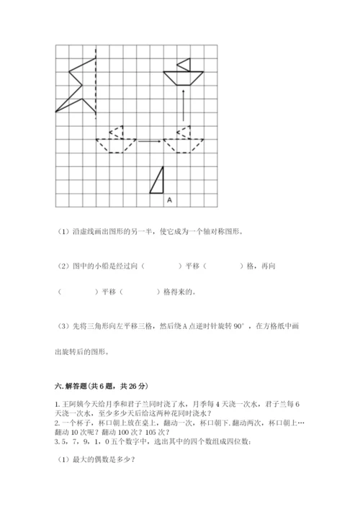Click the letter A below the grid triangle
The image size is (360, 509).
coord(168,199)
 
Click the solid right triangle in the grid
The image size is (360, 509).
coord(158,182)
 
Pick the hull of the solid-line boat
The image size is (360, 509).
coord(183,75)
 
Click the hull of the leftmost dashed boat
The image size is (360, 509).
coord(115,145)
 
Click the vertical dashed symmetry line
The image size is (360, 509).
coord(96,79)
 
